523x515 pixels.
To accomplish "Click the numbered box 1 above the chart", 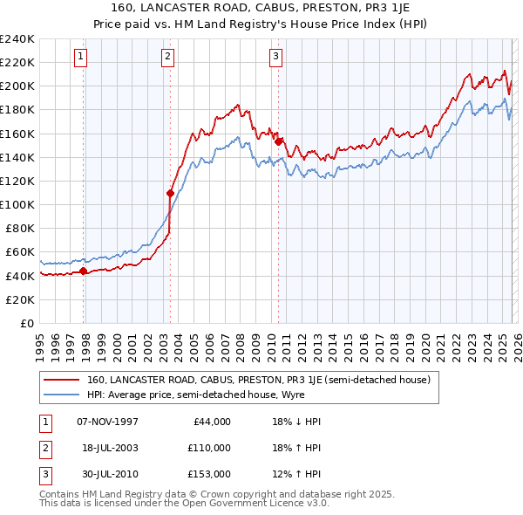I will tap(80, 58).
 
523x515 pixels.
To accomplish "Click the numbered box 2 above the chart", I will tap(167, 58).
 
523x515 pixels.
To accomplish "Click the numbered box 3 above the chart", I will tap(275, 58).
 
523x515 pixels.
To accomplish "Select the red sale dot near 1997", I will tap(84, 271).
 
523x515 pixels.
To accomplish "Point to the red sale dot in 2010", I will tap(279, 141).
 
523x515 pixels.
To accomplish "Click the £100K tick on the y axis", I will tap(17, 204).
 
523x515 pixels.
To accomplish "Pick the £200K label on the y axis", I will tap(17, 86).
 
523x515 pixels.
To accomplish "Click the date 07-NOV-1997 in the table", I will tap(107, 422).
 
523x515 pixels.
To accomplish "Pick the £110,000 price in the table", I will tap(210, 448).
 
